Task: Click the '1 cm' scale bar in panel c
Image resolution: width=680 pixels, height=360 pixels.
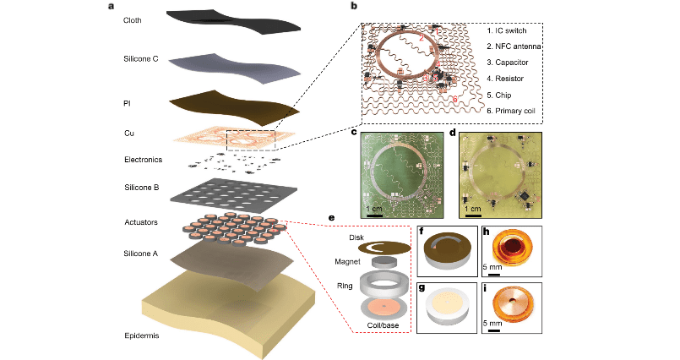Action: pos(376,208)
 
